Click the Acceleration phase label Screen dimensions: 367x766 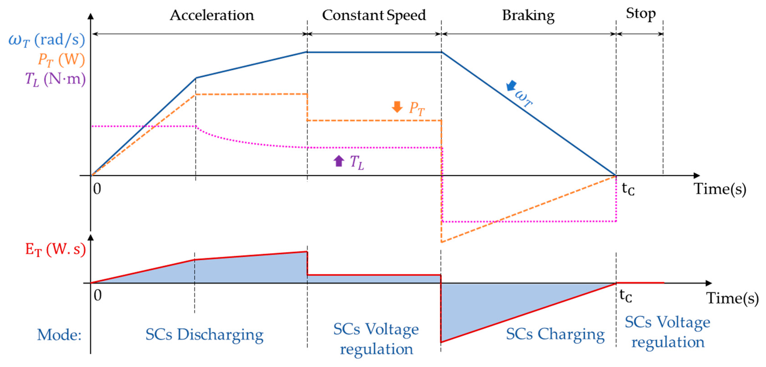[212, 15]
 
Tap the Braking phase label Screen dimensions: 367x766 [528, 15]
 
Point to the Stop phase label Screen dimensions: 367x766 [640, 14]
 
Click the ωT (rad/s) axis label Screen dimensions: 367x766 [47, 40]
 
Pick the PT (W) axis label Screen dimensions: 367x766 [61, 60]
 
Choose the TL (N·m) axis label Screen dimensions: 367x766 [55, 79]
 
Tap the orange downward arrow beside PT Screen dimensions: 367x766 [397, 107]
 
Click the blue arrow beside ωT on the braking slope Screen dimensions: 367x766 [511, 85]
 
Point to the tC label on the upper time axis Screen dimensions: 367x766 [628, 189]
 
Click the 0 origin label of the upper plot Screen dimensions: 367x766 [97, 189]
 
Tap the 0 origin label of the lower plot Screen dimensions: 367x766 [97, 295]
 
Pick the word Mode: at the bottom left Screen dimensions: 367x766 [59, 335]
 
